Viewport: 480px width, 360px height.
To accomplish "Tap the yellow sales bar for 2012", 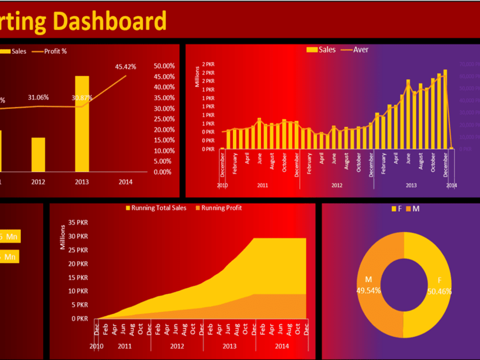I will (x=38, y=155).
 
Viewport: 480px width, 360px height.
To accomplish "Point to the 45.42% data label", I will (x=125, y=67).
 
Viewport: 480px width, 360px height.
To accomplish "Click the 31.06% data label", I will (x=38, y=97).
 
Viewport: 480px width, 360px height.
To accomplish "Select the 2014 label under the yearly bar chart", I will (x=125, y=182).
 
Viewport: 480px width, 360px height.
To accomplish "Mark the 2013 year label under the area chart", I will (x=229, y=346).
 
